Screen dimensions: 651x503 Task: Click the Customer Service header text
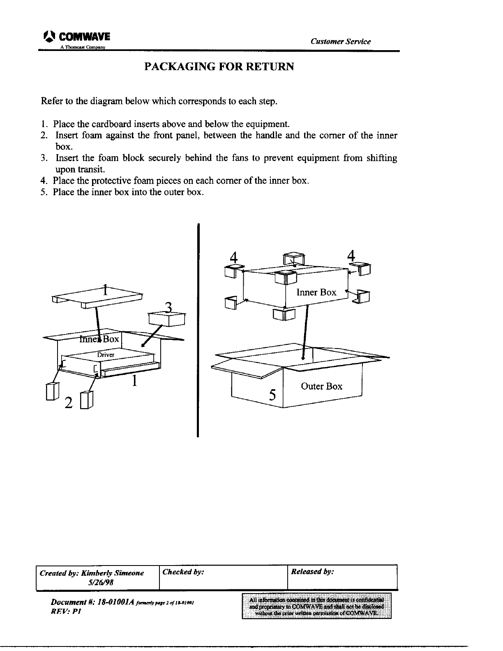[x=341, y=42]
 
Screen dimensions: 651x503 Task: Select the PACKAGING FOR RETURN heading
[x=219, y=67]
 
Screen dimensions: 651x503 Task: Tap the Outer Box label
[x=321, y=386]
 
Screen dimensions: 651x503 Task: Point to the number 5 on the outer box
[x=272, y=395]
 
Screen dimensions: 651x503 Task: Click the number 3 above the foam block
[x=168, y=307]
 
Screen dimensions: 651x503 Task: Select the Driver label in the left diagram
[x=105, y=355]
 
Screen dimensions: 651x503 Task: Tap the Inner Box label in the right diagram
[x=316, y=293]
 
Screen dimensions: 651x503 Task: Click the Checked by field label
[x=183, y=572]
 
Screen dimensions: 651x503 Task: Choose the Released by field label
[x=312, y=572]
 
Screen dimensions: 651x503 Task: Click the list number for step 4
[x=43, y=181]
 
